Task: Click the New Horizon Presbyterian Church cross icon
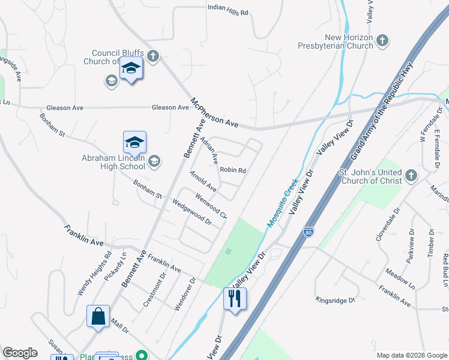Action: click(382, 41)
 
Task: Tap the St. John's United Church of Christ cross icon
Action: click(411, 175)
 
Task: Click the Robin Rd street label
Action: click(233, 170)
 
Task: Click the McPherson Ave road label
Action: click(214, 112)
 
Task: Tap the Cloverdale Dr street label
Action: click(387, 227)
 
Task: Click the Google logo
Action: click(20, 353)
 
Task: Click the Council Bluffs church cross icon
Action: click(153, 56)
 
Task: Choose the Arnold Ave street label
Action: click(202, 181)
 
